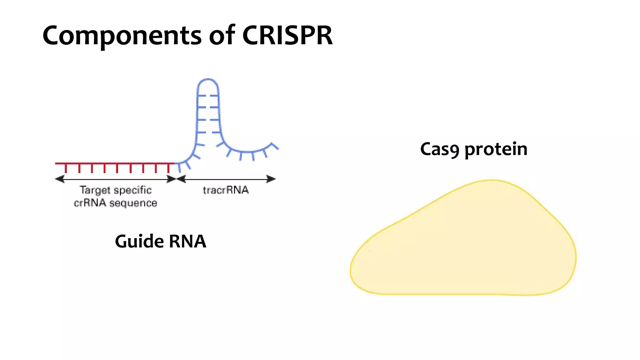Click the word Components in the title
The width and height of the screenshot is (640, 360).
tap(122, 36)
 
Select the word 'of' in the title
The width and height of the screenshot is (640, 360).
tap(222, 35)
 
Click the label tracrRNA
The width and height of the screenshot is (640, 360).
tap(225, 190)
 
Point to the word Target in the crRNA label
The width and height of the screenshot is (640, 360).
tap(95, 190)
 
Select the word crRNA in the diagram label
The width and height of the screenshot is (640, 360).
tap(90, 203)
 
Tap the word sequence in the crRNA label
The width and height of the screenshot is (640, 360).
tap(133, 203)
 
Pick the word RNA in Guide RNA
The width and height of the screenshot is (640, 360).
tap(187, 242)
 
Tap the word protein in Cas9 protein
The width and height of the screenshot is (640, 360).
tap(496, 149)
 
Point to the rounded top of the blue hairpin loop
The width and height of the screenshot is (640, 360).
tap(208, 80)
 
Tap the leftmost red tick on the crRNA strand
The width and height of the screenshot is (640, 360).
tap(66, 168)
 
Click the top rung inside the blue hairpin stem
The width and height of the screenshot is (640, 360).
tap(208, 95)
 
